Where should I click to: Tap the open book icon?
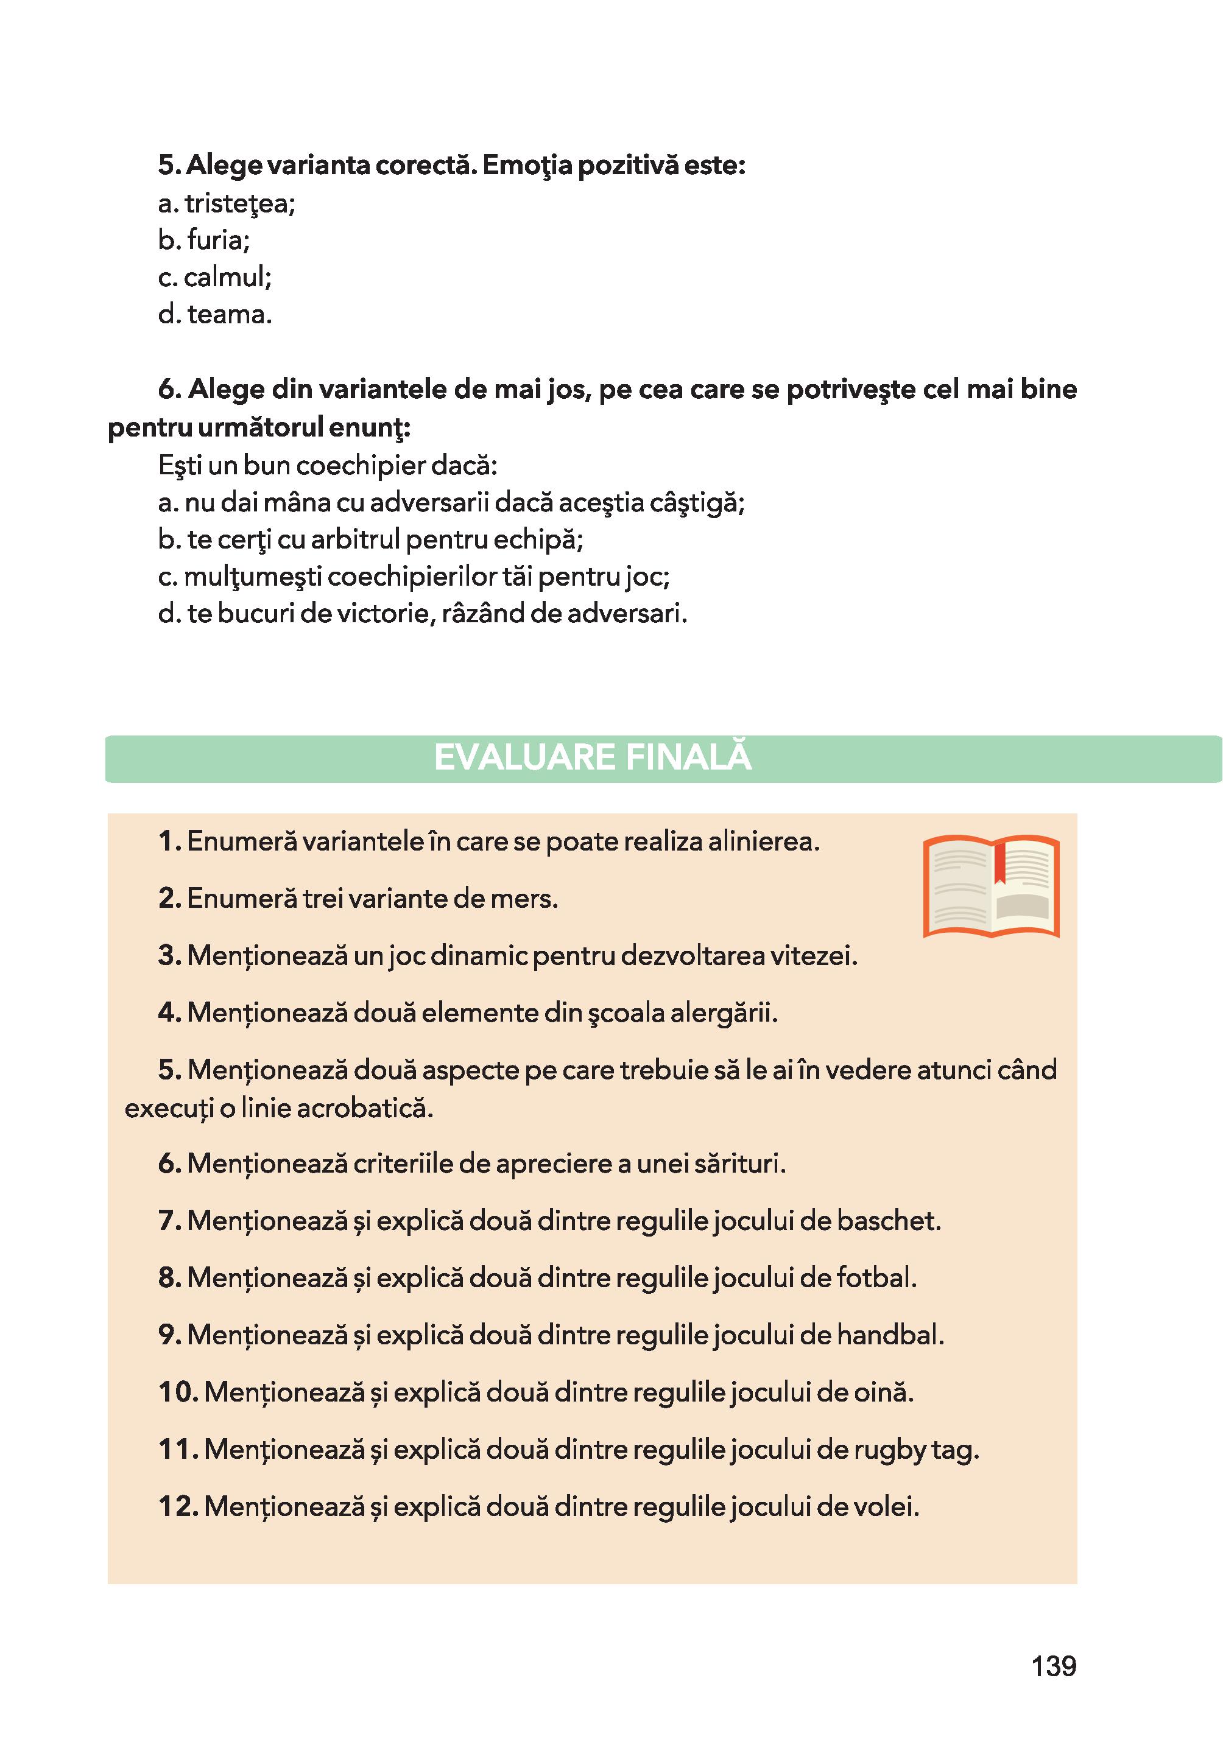pos(991,887)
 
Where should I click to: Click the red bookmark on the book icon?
pos(999,862)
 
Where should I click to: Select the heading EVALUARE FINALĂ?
pos(593,757)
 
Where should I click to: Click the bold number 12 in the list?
pos(178,1507)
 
